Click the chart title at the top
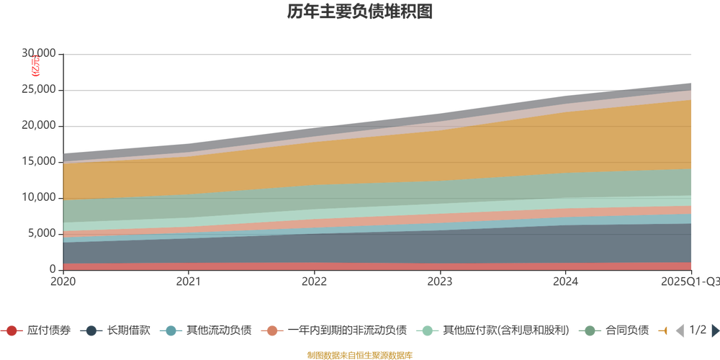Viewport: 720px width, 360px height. tap(359, 12)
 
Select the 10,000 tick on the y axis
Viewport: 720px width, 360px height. tap(37, 196)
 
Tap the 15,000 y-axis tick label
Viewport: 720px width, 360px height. tap(37, 161)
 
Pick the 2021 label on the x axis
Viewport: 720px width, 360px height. tap(189, 281)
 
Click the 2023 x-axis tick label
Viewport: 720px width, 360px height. tap(440, 281)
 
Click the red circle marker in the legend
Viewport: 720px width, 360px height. tap(12, 331)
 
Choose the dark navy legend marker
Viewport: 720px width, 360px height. tap(91, 331)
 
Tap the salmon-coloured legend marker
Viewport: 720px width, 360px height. tap(272, 331)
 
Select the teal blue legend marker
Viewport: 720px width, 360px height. tap(171, 331)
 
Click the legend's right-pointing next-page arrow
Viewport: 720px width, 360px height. tap(714, 330)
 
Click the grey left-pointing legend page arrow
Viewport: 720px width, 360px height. tap(678, 330)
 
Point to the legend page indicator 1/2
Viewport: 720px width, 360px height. tap(696, 330)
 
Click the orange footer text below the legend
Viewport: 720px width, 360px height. tap(359, 354)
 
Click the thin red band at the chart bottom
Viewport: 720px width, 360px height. tap(360, 266)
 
